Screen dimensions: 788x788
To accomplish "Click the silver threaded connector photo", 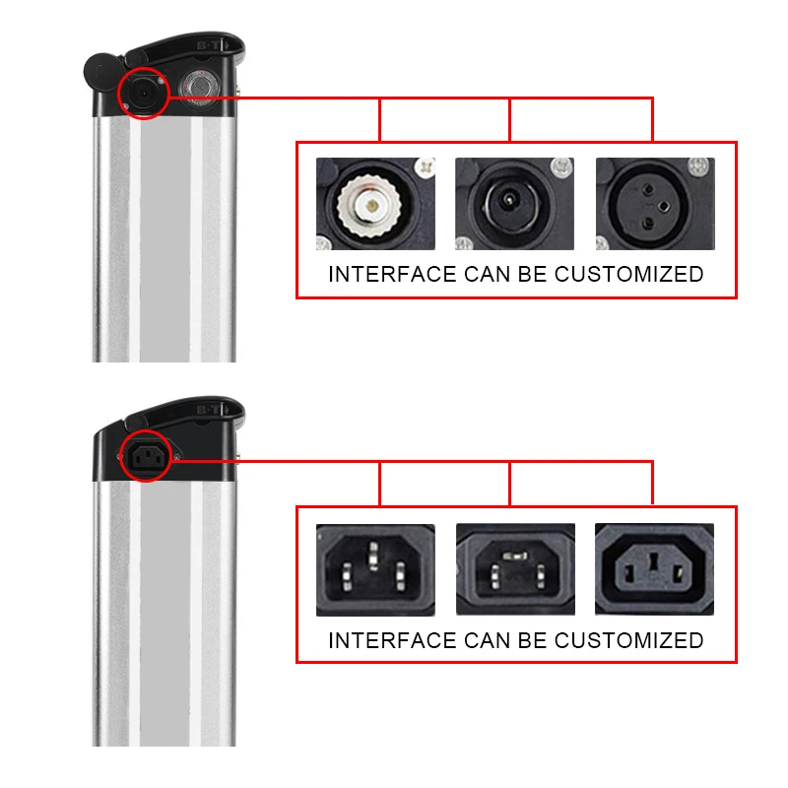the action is [374, 204].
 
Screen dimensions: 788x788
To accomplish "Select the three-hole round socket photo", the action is [655, 204].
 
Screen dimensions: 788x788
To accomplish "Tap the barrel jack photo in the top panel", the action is [513, 204].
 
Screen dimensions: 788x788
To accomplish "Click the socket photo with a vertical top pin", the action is [374, 569].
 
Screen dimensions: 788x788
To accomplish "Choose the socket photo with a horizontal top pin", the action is [513, 569].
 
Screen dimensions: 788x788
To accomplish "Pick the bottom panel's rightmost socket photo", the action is [654, 569].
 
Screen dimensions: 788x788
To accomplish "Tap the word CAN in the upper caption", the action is [493, 274].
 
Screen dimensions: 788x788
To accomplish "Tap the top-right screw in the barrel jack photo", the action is [562, 164].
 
